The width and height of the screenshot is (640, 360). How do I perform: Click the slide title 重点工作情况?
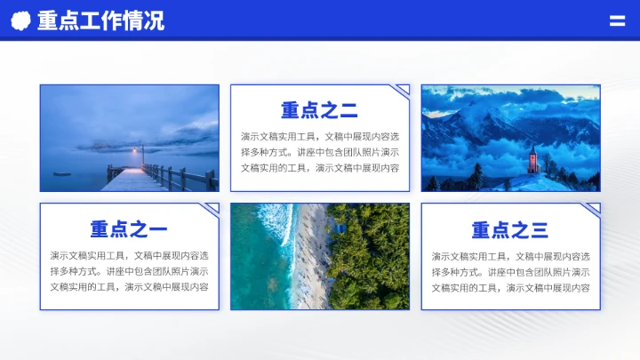pyautogui.click(x=100, y=20)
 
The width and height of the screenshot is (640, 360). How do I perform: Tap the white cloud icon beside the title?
pyautogui.click(x=20, y=20)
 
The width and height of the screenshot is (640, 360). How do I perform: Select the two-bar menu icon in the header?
pyautogui.click(x=617, y=21)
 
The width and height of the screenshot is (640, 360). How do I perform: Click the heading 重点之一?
pyautogui.click(x=129, y=230)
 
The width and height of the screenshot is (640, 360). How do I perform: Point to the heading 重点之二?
pyautogui.click(x=319, y=111)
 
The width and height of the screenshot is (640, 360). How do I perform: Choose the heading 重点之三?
pyautogui.click(x=509, y=230)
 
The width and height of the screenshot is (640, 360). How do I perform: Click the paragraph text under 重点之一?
pyautogui.click(x=129, y=271)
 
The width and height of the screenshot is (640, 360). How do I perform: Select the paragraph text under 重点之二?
pyautogui.click(x=319, y=152)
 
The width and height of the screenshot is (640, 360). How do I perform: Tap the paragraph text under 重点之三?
pyautogui.click(x=510, y=271)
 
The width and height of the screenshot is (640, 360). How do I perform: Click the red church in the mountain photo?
pyautogui.click(x=533, y=161)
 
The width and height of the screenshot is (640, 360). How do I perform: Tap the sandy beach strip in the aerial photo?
pyautogui.click(x=311, y=258)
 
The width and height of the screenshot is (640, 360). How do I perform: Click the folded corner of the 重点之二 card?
pyautogui.click(x=403, y=90)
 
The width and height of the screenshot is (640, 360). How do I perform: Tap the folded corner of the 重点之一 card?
pyautogui.click(x=212, y=209)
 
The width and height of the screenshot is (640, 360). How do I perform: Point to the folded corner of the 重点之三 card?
pyautogui.click(x=593, y=209)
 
